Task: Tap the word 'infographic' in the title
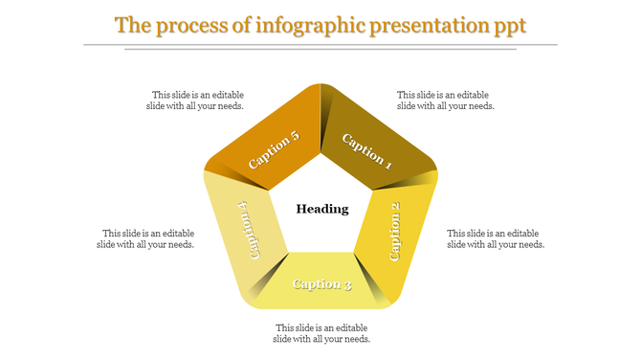tap(303, 25)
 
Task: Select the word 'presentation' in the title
tap(429, 25)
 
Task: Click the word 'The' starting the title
tap(131, 24)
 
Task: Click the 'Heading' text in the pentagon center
tap(321, 209)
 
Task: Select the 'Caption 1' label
tap(367, 150)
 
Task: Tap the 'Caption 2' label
tap(395, 232)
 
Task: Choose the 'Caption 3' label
tap(321, 283)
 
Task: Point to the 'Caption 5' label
tap(274, 150)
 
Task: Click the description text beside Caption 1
tap(446, 101)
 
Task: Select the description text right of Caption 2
tap(496, 238)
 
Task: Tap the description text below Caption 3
tap(321, 333)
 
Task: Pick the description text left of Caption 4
tap(146, 238)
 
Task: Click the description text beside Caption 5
tap(197, 101)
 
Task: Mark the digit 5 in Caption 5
tap(295, 136)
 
